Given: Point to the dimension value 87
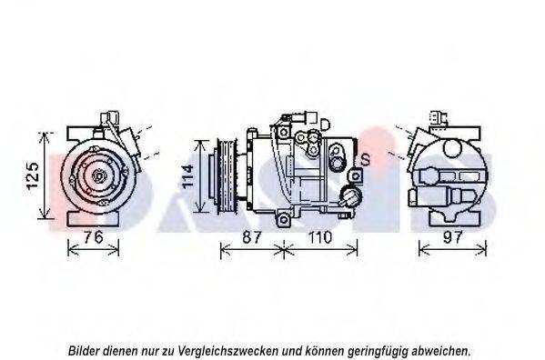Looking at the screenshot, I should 252,237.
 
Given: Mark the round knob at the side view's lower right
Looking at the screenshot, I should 351,196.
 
